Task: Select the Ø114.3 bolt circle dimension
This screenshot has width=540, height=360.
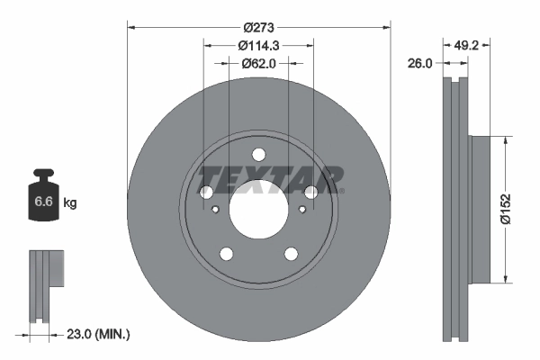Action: (x=258, y=45)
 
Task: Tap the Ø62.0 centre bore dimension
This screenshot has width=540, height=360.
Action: (x=258, y=63)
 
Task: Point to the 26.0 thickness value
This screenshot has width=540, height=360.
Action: (x=421, y=63)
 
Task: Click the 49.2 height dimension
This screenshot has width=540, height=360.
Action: (x=466, y=45)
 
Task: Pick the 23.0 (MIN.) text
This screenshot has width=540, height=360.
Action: (x=99, y=335)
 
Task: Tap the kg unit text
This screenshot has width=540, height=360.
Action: (x=71, y=203)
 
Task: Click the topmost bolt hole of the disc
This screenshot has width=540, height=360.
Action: (x=258, y=155)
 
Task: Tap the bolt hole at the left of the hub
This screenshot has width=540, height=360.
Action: (x=206, y=193)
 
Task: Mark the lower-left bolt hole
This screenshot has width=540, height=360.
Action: (x=226, y=254)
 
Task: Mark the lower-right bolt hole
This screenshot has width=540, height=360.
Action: (x=291, y=254)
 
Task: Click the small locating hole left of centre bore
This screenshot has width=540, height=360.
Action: (x=216, y=210)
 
